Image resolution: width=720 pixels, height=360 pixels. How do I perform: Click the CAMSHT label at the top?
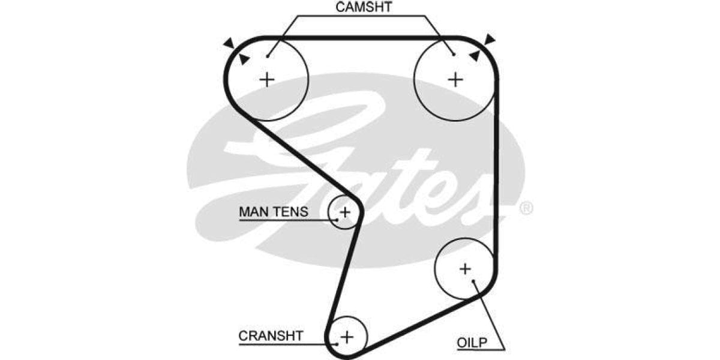tap(363, 8)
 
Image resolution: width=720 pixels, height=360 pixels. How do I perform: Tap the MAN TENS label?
tap(273, 212)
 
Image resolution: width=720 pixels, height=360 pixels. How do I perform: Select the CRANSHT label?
tap(271, 335)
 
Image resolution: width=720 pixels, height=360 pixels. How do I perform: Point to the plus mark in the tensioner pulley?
tap(345, 211)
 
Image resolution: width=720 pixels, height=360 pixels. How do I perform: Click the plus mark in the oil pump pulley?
tap(465, 269)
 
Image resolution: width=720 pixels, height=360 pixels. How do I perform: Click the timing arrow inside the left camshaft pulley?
tap(244, 59)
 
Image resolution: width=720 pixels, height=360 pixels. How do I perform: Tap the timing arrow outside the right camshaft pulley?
tap(490, 40)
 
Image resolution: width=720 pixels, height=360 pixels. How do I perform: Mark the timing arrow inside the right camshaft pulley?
tap(475, 56)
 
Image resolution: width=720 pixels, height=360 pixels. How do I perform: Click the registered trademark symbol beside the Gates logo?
tap(525, 208)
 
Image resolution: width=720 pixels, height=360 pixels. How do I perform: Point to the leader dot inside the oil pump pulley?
tap(474, 281)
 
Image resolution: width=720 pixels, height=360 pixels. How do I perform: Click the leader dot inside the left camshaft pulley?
tap(268, 56)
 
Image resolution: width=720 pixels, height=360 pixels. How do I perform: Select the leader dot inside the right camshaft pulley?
tap(454, 55)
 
